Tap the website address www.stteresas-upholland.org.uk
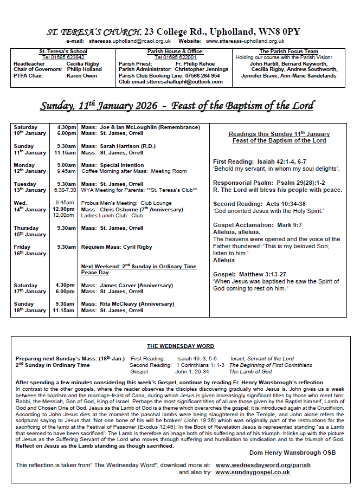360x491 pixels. (x=245, y=41)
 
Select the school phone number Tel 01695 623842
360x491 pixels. (x=63, y=57)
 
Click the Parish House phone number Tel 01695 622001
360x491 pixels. (x=175, y=57)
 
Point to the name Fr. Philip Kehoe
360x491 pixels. (x=195, y=63)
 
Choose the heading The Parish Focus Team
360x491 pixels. (x=288, y=51)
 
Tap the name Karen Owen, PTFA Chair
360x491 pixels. (x=82, y=76)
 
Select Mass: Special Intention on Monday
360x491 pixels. (x=113, y=165)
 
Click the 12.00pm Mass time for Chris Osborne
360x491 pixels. (x=63, y=209)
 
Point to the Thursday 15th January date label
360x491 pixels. (x=30, y=231)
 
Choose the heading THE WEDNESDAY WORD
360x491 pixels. (x=180, y=346)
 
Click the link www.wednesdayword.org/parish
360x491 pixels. (x=263, y=465)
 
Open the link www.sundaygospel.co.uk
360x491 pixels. (x=252, y=473)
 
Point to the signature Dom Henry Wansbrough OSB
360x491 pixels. (x=292, y=453)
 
